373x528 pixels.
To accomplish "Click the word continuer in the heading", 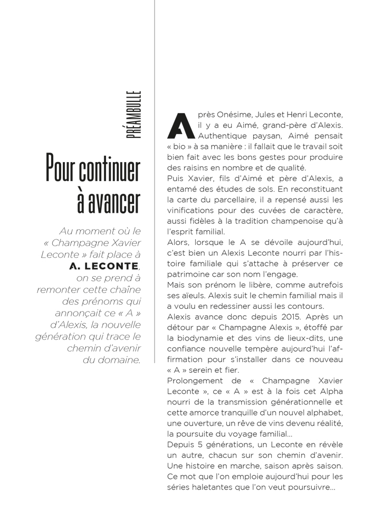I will point(109,169).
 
